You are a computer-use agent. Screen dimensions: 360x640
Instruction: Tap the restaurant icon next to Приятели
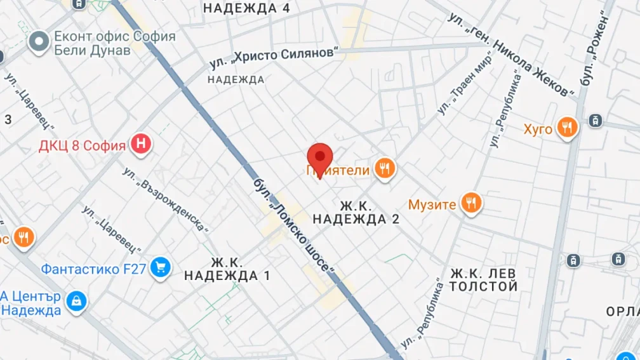click(384, 169)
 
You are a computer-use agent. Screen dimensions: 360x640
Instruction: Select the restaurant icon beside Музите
click(470, 203)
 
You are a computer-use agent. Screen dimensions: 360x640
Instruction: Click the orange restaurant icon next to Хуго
click(567, 128)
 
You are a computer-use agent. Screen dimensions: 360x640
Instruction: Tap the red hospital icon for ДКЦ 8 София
click(141, 145)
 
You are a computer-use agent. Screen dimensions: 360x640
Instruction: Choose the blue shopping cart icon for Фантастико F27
click(160, 268)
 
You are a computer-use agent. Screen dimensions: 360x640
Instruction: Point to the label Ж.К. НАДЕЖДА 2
click(356, 213)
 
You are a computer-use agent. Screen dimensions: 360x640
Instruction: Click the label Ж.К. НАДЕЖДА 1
click(227, 269)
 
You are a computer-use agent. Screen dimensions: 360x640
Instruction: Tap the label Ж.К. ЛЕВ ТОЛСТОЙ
click(484, 280)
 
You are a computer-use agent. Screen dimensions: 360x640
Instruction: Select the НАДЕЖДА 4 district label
click(246, 8)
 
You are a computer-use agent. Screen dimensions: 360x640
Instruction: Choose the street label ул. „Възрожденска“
click(166, 199)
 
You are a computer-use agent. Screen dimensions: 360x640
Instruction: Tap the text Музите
click(432, 204)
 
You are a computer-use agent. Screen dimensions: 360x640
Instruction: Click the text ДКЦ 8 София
click(82, 146)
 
